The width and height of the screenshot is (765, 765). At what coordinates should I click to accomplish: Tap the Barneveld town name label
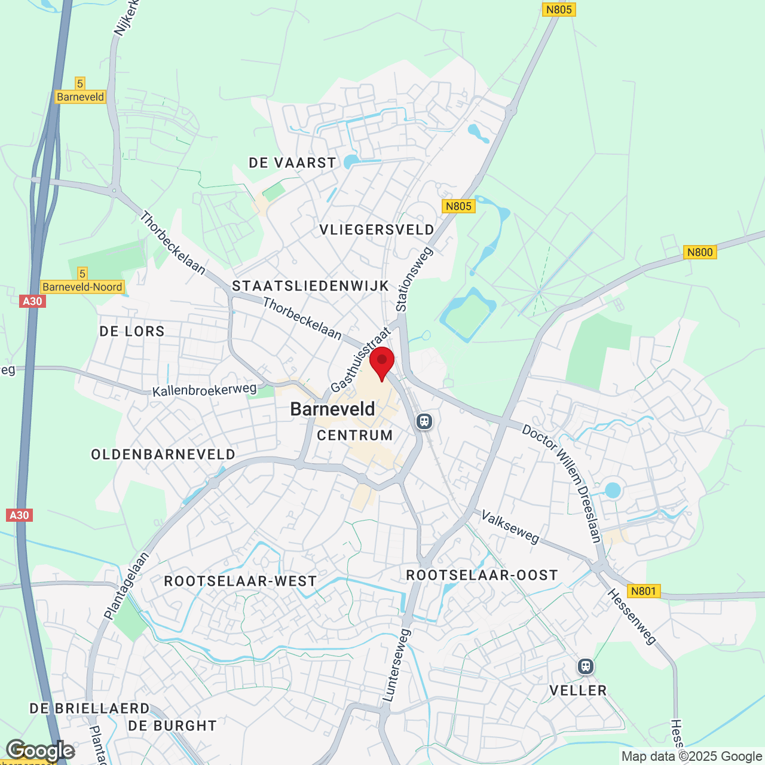(x=332, y=409)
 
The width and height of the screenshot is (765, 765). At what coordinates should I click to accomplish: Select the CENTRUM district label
(x=355, y=436)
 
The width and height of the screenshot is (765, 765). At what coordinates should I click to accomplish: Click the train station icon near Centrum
(x=424, y=421)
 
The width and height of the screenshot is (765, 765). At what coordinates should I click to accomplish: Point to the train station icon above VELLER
(x=585, y=666)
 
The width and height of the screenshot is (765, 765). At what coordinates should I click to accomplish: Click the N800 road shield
(x=700, y=252)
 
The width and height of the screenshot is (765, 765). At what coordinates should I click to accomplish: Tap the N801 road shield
(x=643, y=591)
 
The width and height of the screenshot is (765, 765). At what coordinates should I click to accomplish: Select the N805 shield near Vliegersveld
(x=458, y=206)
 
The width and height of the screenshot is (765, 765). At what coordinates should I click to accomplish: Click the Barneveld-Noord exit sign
(x=82, y=287)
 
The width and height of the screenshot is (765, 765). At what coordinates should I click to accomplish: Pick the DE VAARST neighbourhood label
(x=292, y=163)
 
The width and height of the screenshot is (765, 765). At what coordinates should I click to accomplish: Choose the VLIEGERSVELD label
(x=377, y=230)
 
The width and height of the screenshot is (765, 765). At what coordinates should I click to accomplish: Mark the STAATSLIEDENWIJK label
(x=311, y=286)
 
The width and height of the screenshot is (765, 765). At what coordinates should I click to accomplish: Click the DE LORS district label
(x=132, y=332)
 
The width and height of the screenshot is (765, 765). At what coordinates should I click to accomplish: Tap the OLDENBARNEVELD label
(x=163, y=455)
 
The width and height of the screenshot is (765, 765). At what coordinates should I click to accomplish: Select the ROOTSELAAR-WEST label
(x=240, y=582)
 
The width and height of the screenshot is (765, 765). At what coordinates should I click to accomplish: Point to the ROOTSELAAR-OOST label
(x=482, y=576)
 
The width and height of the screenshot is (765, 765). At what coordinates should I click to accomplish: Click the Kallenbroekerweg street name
(x=204, y=390)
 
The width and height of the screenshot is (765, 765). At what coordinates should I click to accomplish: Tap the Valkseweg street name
(x=510, y=527)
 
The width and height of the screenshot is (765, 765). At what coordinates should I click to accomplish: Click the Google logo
(x=40, y=751)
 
